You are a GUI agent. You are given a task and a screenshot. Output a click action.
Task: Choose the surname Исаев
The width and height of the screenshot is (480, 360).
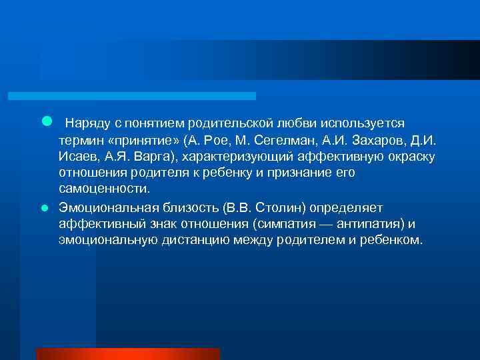(77, 157)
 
